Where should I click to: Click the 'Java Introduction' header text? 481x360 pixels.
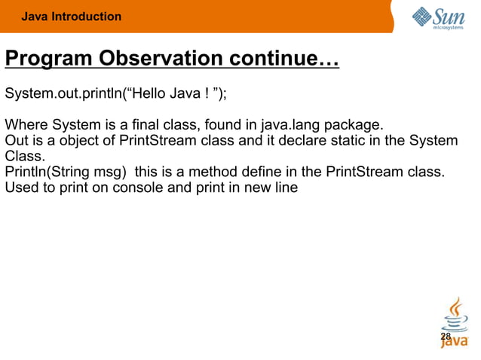coord(71,17)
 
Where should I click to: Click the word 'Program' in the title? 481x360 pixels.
coord(50,59)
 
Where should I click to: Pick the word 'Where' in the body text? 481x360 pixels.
coord(24,124)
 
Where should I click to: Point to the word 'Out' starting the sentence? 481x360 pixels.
coord(16,141)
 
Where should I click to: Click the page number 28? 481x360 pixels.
coord(446,337)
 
